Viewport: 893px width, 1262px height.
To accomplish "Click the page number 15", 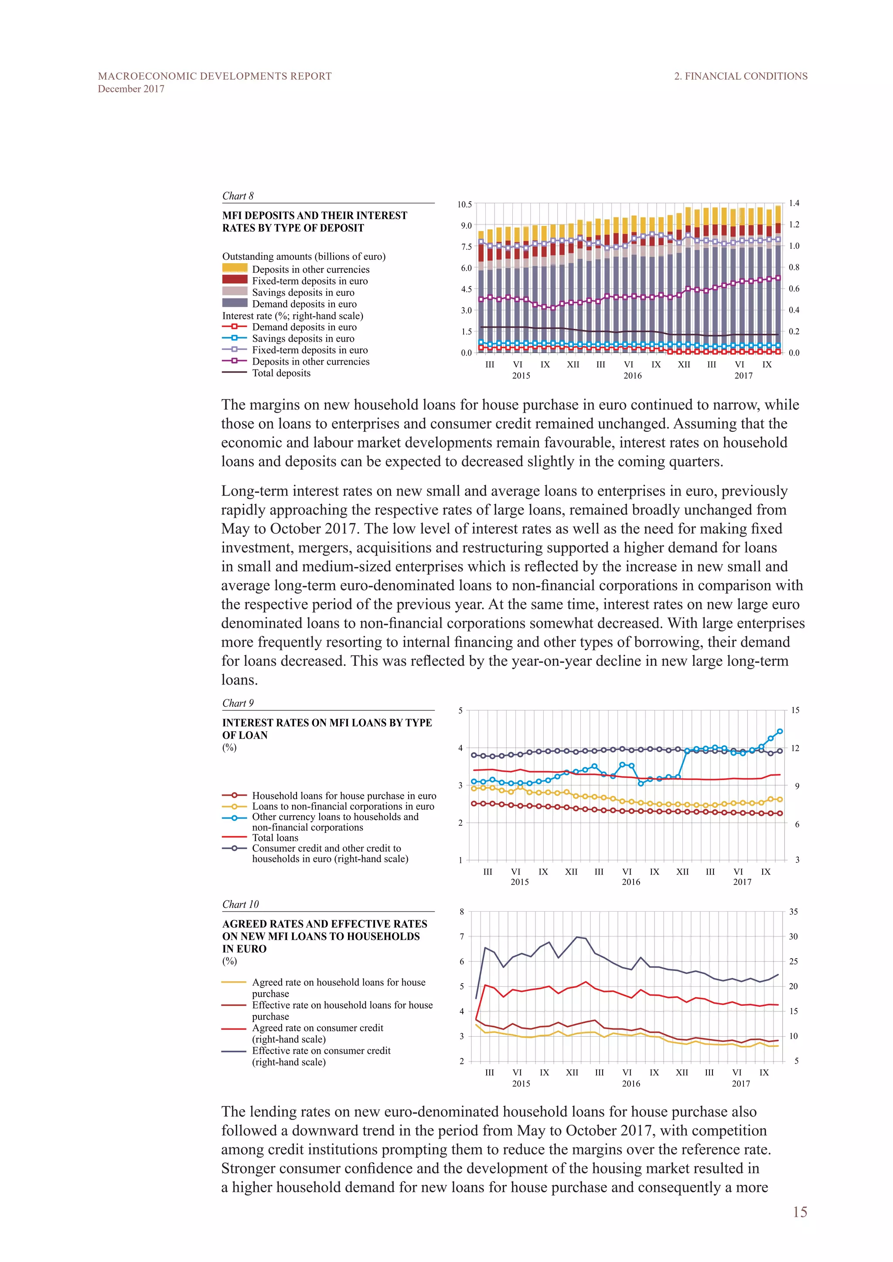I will (x=800, y=1211).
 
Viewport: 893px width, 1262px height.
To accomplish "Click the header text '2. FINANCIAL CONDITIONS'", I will (x=741, y=76).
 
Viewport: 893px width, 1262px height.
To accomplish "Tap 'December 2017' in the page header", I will (x=131, y=89).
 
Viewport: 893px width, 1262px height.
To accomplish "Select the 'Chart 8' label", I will (x=238, y=196).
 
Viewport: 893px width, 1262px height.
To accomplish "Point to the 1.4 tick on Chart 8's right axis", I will (x=794, y=204).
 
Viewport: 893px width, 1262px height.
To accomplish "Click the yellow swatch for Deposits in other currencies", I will (x=235, y=268).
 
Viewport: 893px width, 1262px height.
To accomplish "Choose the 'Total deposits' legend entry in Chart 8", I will (x=281, y=373).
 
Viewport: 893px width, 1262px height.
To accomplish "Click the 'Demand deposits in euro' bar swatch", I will (x=235, y=303).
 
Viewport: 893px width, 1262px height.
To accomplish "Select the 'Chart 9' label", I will (x=238, y=703).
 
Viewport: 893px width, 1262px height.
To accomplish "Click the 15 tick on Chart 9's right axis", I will (x=795, y=710).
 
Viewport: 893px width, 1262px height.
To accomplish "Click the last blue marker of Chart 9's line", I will (x=780, y=732).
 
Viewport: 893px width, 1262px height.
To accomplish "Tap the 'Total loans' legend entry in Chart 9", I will (x=275, y=838).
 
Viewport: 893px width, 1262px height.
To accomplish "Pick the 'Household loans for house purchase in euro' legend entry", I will (x=344, y=795).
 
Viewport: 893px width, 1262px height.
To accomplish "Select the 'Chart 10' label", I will (x=240, y=904).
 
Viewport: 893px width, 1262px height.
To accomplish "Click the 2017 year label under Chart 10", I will (x=741, y=1083).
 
